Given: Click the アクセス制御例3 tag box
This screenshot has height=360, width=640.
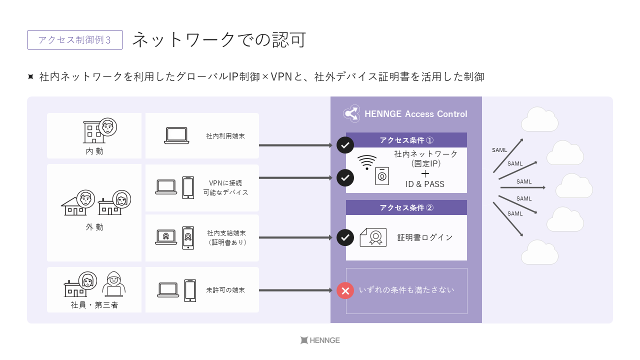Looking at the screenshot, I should (75, 40).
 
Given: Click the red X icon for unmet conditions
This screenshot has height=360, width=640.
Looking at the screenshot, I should (345, 290).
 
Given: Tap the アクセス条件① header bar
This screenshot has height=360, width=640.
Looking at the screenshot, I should (406, 140).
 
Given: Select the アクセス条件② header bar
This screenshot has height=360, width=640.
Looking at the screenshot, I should (406, 207).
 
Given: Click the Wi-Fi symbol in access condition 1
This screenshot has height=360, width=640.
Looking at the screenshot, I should (367, 162).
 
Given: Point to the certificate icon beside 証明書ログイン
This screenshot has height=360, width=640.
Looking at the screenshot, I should (373, 237).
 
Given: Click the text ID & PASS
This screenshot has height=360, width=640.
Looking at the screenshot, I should (425, 184).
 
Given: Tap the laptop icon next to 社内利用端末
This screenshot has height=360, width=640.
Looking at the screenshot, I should (176, 135).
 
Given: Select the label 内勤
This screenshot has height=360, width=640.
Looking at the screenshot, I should (94, 151).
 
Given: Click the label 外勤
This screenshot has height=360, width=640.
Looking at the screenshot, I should (94, 227).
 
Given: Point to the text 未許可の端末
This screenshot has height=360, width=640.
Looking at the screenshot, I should (225, 290).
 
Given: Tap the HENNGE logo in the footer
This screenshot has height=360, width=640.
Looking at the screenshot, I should (320, 340).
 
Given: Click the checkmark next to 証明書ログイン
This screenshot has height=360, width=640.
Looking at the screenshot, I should (345, 237).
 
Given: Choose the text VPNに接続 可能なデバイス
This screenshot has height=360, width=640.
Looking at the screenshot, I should (226, 187).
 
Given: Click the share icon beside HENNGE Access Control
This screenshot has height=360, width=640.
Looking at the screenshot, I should (351, 113).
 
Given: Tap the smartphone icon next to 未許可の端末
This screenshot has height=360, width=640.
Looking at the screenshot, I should (190, 290).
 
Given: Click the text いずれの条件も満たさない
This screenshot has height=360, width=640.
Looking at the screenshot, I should (406, 290).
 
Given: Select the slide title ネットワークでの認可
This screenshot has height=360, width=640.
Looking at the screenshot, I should (219, 39).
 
